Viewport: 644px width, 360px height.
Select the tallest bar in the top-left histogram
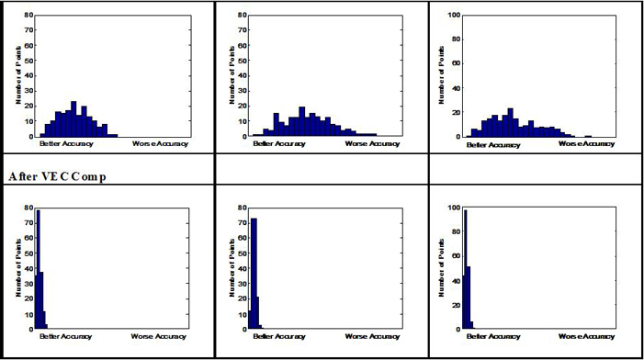(x=73, y=119)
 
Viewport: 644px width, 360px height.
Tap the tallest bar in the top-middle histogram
(x=302, y=122)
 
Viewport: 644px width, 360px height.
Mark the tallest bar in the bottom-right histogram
(x=465, y=266)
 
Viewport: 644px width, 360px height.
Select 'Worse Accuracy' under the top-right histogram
(x=583, y=143)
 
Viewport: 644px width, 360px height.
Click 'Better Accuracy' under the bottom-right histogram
(x=488, y=335)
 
